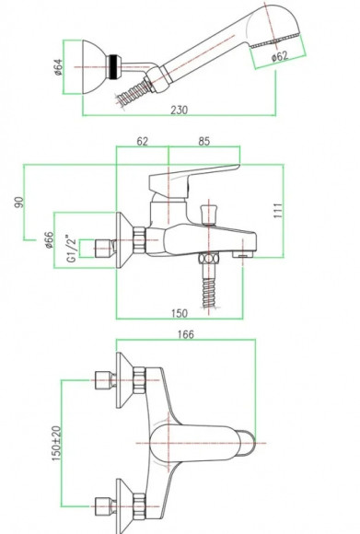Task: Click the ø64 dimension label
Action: [59, 67]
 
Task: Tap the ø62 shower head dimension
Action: [280, 56]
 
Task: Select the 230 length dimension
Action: [180, 110]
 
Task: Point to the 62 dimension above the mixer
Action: [143, 142]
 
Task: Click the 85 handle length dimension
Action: [204, 142]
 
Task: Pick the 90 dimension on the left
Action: [19, 203]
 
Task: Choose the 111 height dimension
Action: [278, 211]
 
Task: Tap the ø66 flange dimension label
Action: [50, 240]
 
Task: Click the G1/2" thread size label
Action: [71, 249]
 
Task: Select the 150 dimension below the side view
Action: [180, 313]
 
